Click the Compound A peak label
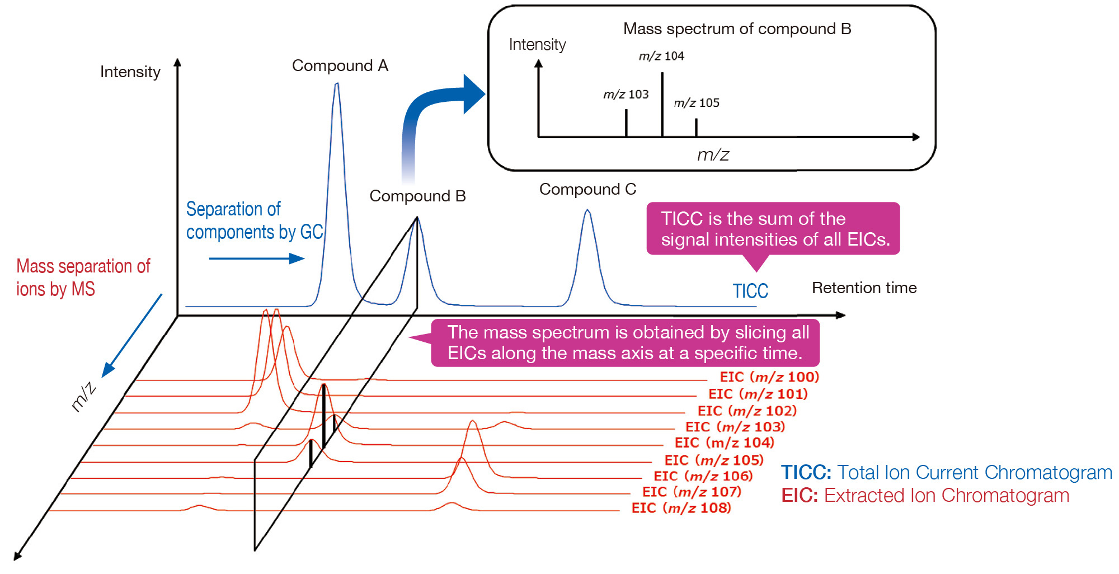point(340,66)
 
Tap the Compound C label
point(587,190)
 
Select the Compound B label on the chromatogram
point(417,196)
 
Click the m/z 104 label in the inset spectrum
point(661,56)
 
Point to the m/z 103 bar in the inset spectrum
point(626,123)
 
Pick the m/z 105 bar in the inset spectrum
point(696,128)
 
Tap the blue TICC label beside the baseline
point(750,291)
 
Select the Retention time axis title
point(864,288)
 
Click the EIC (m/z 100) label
point(769,377)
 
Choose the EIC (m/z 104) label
point(724,443)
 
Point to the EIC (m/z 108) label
point(681,508)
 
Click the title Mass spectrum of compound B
point(737,29)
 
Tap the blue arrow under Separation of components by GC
point(256,258)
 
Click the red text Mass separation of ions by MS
point(83,277)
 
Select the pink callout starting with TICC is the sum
point(773,229)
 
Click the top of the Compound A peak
point(337,84)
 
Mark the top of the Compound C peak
point(587,210)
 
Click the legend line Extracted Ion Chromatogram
point(925,496)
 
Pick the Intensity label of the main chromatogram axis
point(130,72)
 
